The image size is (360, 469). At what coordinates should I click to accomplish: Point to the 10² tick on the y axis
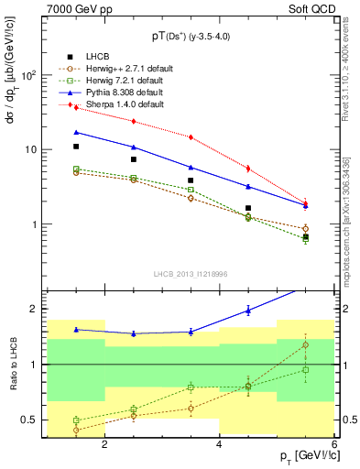[27, 75]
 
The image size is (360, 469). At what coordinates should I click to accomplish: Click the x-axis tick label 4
[219, 444]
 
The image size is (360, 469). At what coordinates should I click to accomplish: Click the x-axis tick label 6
[333, 444]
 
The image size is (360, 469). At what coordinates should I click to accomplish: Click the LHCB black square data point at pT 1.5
[76, 147]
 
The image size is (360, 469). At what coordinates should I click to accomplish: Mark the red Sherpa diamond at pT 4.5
[248, 169]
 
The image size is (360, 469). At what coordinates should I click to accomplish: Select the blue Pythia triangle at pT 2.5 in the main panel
[134, 147]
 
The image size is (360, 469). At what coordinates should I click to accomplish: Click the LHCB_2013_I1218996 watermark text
[190, 274]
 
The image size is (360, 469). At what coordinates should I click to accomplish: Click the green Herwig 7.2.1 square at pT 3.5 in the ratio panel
[191, 387]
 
